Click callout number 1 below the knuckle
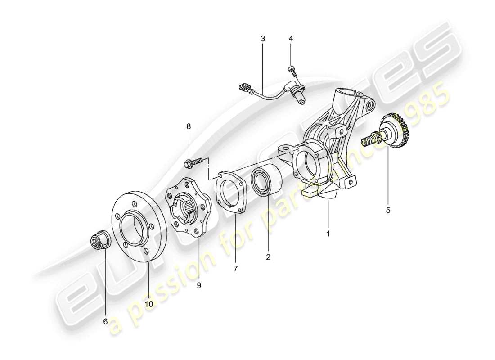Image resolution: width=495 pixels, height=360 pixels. [328, 234]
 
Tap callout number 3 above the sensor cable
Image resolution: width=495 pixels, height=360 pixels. [263, 39]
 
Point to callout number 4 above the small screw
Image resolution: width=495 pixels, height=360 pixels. [291, 39]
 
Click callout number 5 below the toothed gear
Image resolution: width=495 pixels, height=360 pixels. [387, 209]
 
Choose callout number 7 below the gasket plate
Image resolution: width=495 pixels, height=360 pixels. [236, 269]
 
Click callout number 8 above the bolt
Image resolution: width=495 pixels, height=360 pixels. [189, 127]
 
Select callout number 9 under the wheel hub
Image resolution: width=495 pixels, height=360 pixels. [198, 285]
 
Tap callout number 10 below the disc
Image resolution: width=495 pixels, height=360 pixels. [148, 304]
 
